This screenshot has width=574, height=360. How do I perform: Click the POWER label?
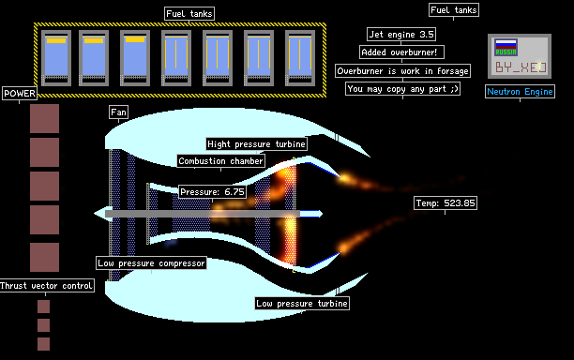pos(20,94)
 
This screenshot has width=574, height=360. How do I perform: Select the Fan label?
pos(118,112)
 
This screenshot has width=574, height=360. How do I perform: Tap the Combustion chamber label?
pos(220,161)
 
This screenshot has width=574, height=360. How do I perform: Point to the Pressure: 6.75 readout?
pos(212,191)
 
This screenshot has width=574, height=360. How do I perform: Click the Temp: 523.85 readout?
pos(446,203)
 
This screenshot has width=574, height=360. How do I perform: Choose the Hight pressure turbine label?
pos(256,144)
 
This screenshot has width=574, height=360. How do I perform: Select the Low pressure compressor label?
pos(151,263)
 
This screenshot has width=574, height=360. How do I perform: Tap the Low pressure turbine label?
pos(302,304)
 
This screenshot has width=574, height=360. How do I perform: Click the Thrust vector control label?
pos(46,285)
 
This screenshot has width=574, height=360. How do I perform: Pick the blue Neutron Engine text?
pos(520,92)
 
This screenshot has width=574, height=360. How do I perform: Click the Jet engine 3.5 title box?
pos(401,35)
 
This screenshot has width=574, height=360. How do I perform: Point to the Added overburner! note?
pos(401,52)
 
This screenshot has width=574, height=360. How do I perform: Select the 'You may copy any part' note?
pos(402,89)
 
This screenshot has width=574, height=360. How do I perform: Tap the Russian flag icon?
pos(506,47)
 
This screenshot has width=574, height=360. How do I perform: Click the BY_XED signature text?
pos(521,67)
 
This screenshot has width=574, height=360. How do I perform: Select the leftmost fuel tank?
pos(56,58)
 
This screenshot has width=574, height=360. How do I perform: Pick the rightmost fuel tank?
pos(300,58)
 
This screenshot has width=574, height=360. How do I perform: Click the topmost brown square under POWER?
pos(44,118)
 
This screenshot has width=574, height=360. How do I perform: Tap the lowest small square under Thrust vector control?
pos(43,344)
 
